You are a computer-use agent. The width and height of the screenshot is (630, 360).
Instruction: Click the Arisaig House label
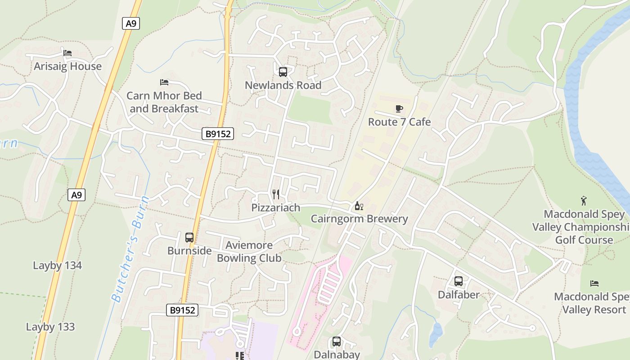[68, 67]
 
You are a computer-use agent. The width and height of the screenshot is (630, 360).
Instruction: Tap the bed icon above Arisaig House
[67, 53]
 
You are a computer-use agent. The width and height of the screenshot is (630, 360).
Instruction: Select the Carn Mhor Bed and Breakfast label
[164, 102]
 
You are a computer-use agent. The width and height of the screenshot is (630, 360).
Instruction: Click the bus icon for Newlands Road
[283, 72]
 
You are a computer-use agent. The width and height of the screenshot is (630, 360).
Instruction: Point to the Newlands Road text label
[283, 85]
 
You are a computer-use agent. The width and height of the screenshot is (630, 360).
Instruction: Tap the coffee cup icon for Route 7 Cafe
[399, 108]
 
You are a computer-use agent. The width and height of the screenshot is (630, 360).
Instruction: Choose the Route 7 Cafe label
[399, 122]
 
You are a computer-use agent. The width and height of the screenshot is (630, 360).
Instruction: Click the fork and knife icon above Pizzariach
[276, 194]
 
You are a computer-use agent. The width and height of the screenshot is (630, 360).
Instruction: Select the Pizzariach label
[276, 207]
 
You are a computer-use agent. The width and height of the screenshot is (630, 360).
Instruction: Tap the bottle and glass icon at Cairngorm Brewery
[359, 206]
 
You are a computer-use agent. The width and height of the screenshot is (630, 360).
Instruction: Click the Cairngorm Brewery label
[360, 219]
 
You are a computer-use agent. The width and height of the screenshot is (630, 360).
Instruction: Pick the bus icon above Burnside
[189, 237]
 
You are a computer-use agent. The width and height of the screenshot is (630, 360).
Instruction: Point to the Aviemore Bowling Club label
[249, 252]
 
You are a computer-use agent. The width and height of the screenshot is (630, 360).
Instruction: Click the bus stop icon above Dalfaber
[459, 281]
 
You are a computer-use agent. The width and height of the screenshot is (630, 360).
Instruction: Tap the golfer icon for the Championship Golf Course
[584, 201]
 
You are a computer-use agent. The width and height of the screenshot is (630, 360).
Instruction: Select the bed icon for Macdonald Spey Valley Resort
[594, 283]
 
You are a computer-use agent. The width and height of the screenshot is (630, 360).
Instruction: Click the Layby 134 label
[58, 265]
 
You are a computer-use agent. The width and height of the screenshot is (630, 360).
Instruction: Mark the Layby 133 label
[50, 327]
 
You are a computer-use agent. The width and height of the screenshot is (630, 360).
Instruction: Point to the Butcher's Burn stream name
[130, 249]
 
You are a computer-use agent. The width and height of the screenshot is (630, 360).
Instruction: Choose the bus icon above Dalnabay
[337, 342]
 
